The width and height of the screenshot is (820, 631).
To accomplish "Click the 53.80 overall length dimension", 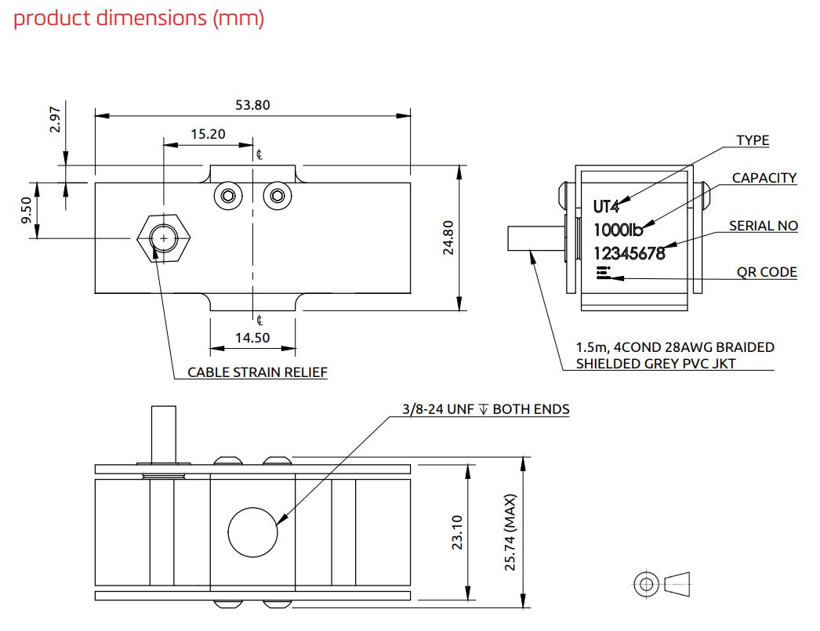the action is (x=252, y=105).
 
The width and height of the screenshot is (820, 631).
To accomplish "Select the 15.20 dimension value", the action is (x=208, y=134).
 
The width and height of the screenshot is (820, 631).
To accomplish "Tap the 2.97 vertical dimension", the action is (x=55, y=120).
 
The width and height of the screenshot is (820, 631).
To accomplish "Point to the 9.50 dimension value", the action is (x=26, y=211).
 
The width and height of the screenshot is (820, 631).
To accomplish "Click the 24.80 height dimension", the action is (x=448, y=238).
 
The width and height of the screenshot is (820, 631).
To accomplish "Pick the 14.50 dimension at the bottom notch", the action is (x=252, y=338).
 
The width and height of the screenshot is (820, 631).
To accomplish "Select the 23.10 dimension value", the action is (x=457, y=532).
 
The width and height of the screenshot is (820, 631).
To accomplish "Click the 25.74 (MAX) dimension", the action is (x=510, y=532).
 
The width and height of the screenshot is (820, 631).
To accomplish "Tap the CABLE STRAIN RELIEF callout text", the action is (x=257, y=372).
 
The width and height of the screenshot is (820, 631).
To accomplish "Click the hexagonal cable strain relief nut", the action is (x=164, y=238).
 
